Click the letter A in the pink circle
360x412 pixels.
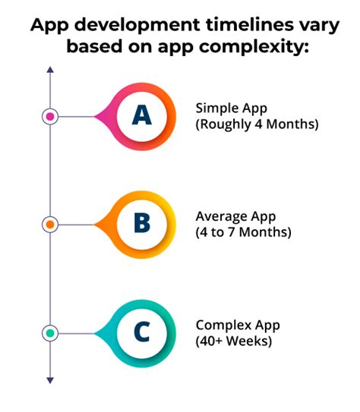pos(142,115)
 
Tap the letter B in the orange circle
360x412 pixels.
pos(142,224)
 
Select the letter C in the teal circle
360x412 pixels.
pos(142,332)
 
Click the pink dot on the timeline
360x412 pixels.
pos(50,116)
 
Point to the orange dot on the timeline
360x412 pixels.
pos(50,225)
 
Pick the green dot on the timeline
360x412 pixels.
pos(50,332)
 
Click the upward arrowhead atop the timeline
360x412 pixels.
pos(50,71)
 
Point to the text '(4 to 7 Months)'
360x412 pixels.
pos(243,232)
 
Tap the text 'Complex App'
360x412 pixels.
pos(238,325)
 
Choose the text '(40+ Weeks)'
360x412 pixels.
pos(233,341)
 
